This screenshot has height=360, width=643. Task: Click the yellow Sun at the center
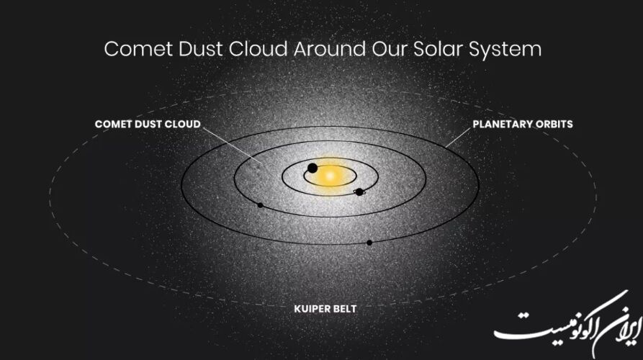tap(330, 176)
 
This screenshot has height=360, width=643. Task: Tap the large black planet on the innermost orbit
tap(312, 168)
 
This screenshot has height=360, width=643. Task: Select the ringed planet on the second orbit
tap(359, 192)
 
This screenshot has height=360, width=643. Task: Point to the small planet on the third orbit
tap(260, 205)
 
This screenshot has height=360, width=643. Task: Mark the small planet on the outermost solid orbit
tap(369, 243)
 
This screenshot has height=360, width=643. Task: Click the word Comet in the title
tap(138, 49)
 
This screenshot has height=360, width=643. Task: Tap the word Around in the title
tap(330, 49)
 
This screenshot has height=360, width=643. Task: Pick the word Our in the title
tap(390, 49)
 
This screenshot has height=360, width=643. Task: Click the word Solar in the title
tap(438, 49)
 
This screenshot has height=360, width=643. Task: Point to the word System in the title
tap(505, 50)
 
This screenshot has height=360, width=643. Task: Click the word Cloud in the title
tap(258, 49)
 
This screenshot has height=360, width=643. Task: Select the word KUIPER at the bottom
tap(310, 309)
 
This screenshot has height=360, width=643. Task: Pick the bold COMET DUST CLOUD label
tap(148, 125)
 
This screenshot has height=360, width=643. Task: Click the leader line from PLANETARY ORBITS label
tap(458, 138)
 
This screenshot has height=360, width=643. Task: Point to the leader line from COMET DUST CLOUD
tap(232, 146)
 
